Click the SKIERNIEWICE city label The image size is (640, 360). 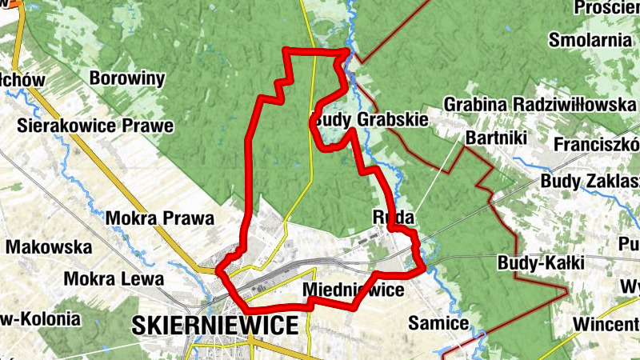coord(215,324)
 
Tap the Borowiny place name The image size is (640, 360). coord(127,78)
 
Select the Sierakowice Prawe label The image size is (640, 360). coord(96,126)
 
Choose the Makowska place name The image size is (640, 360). coord(49,247)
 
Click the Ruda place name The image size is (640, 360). coord(393,217)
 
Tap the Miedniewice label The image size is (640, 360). coord(354,290)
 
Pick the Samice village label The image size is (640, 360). coord(438,323)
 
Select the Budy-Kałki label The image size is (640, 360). coord(542,262)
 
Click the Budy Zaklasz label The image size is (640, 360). coord(590,181)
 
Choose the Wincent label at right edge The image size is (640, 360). coord(606,324)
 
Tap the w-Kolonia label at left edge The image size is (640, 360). coord(41,318)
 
